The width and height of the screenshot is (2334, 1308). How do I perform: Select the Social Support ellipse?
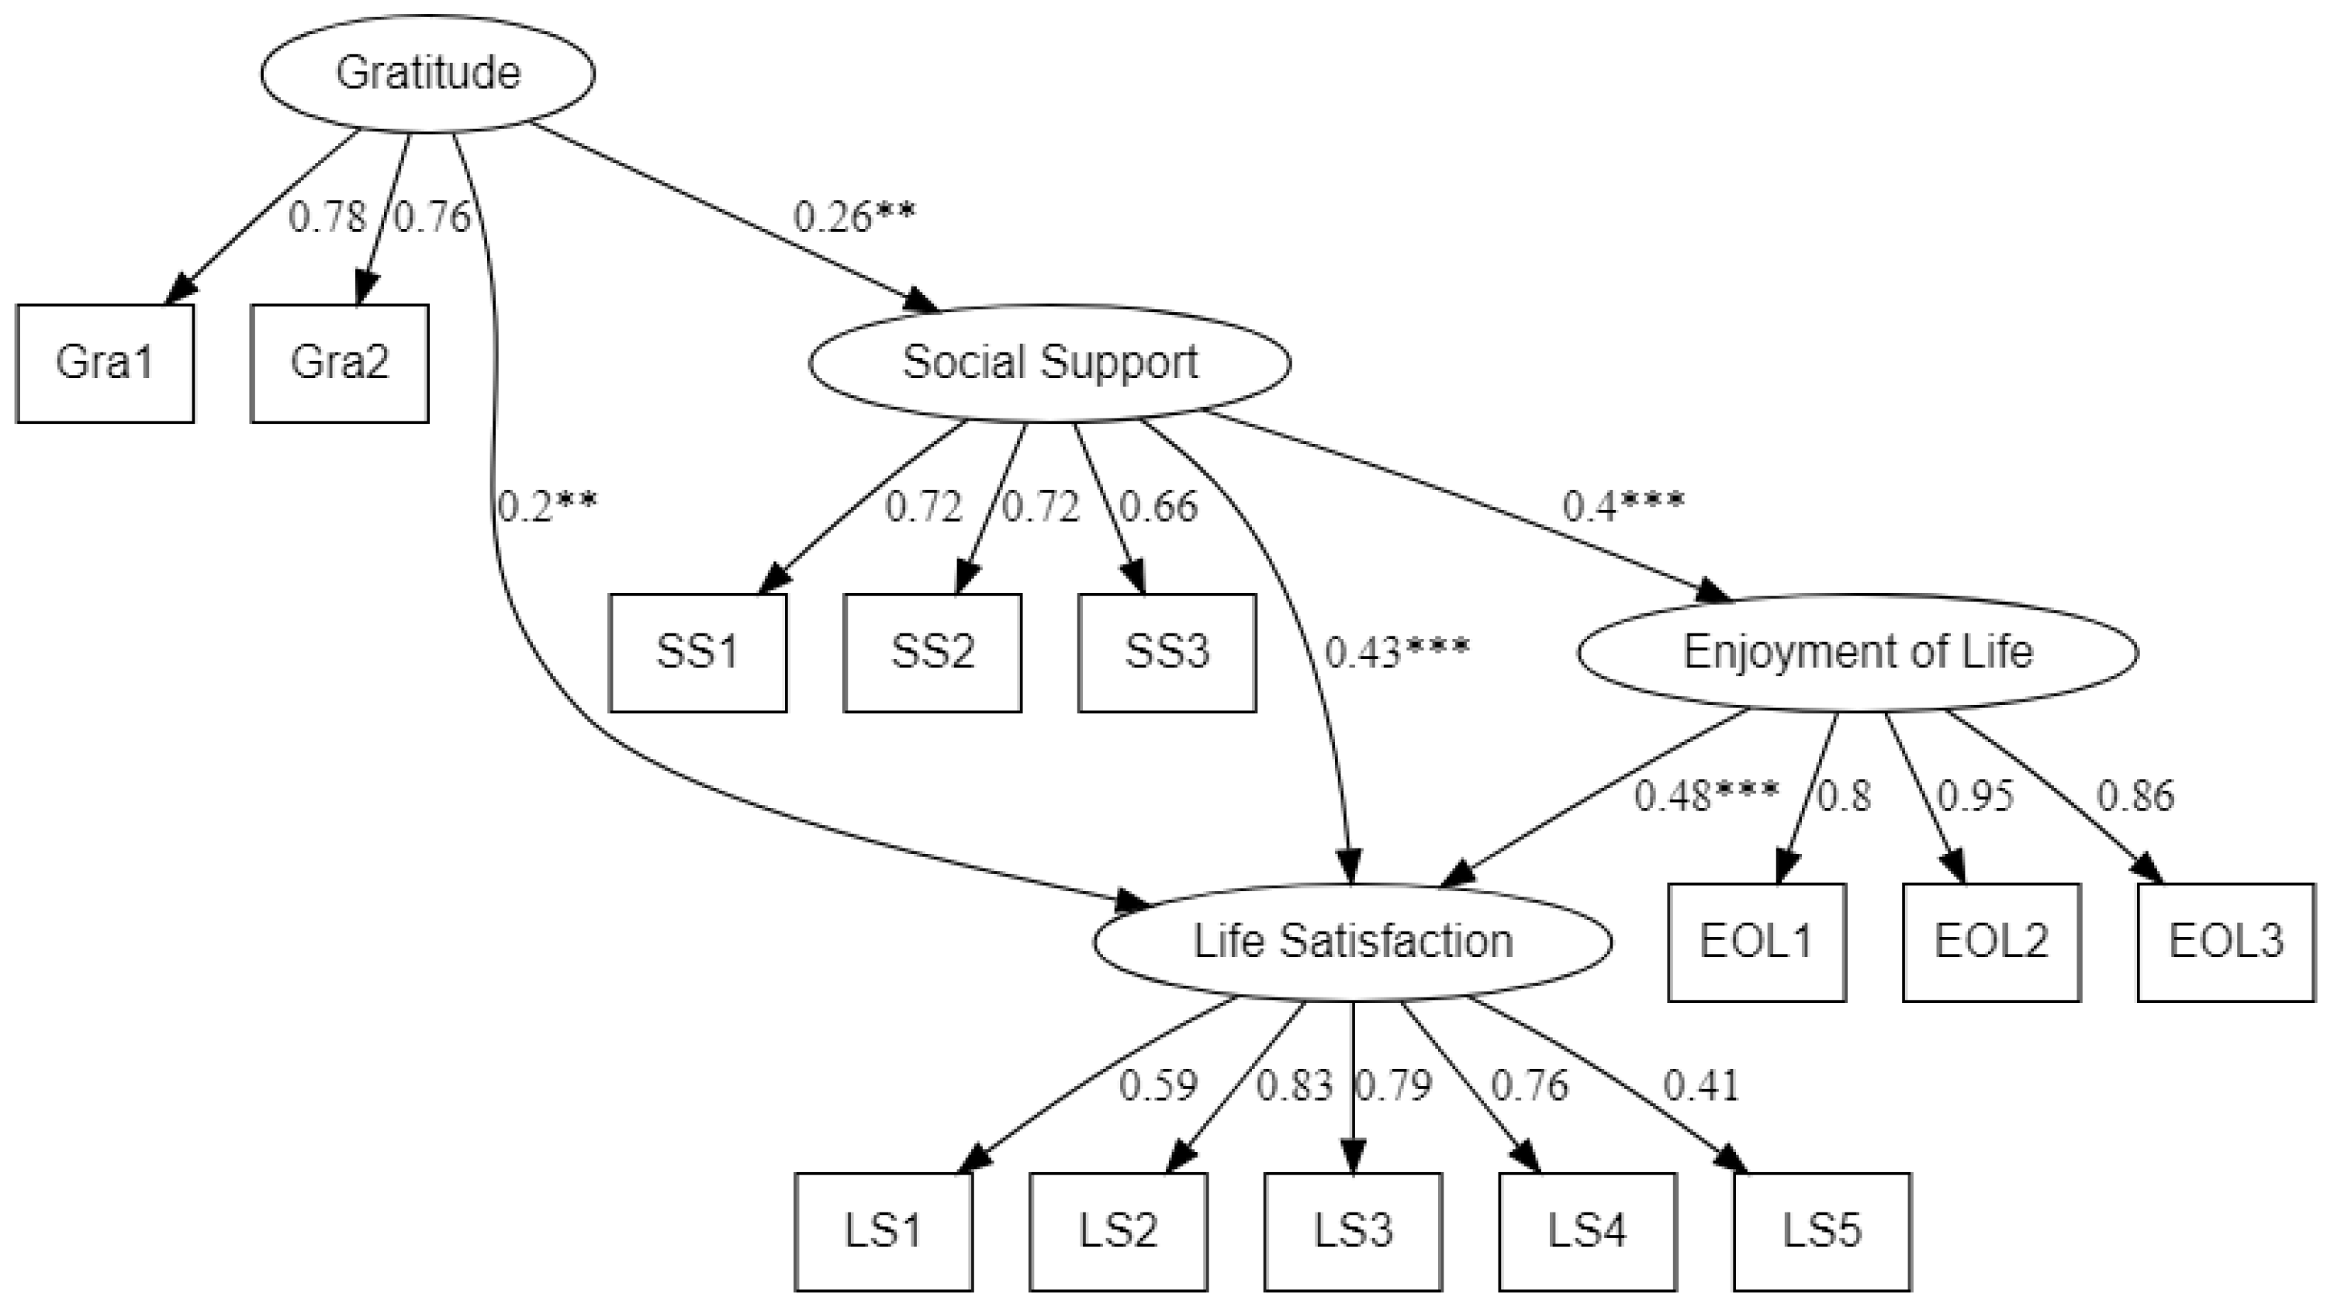point(1049,363)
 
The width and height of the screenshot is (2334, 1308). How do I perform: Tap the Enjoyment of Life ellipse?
point(1858,653)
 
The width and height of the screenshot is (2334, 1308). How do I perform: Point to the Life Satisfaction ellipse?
point(1353,942)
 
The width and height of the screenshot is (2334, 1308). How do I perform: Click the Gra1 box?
point(105,363)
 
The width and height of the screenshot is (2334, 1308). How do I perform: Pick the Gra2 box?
point(340,363)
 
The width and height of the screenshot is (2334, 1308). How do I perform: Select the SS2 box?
point(932,653)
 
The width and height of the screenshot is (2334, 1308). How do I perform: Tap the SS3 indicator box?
point(1167,653)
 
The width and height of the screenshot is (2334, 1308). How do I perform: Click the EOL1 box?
point(1757,942)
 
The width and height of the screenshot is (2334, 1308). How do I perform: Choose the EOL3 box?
point(2226,942)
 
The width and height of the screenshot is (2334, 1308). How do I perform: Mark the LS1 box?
point(883,1232)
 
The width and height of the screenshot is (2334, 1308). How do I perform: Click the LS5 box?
point(1822,1232)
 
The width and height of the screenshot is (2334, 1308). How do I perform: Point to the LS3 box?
point(1353,1232)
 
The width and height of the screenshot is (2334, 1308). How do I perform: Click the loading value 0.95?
point(1975,796)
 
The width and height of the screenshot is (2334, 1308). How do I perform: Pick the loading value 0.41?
point(1702,1086)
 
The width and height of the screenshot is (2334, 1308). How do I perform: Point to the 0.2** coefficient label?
point(548,507)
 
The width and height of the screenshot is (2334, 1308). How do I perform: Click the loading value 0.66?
point(1159,507)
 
